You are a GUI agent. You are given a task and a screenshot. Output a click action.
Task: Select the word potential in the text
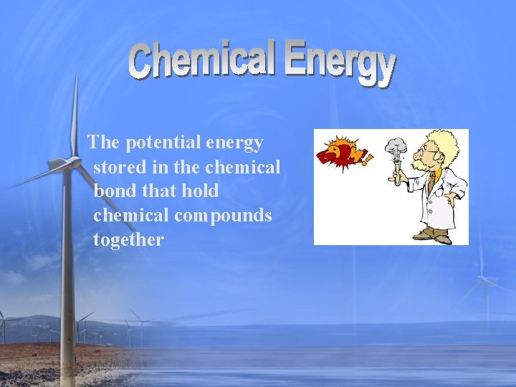163,143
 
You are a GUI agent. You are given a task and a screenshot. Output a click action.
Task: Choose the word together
128,240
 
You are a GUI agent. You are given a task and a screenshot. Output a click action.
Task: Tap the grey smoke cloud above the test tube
396,147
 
